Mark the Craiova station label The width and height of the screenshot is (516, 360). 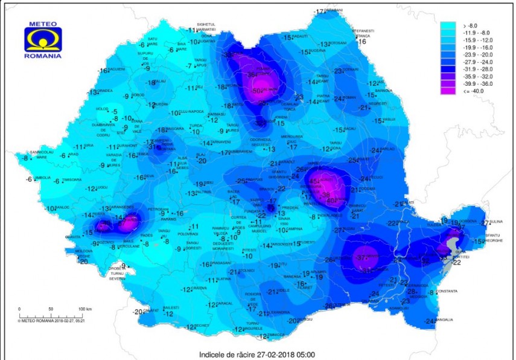tap(199, 289)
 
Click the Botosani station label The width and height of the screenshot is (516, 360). tap(339, 43)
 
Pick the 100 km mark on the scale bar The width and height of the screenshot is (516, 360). tap(81, 309)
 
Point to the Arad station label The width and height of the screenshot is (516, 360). tap(73, 155)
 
